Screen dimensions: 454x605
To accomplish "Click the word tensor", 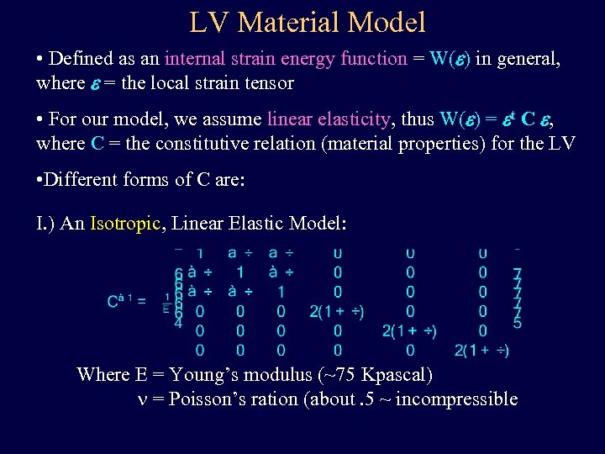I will pyautogui.click(x=268, y=82).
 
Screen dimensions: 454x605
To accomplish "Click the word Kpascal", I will pyautogui.click(x=396, y=374).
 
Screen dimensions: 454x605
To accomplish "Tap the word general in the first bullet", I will pyautogui.click(x=528, y=59).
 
